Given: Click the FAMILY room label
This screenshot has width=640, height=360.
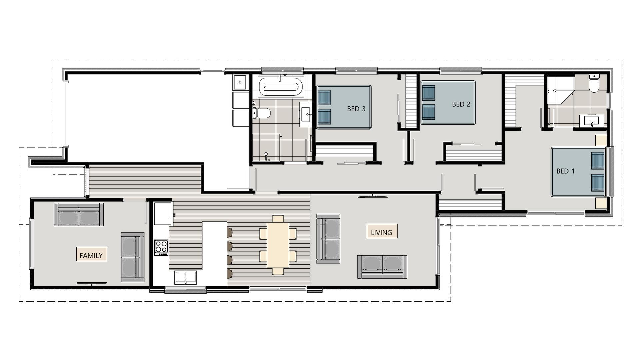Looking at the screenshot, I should pos(91,255).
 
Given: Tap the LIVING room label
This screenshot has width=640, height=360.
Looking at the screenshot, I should pos(382,232).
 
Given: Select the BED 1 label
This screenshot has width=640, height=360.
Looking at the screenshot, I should pos(565,171).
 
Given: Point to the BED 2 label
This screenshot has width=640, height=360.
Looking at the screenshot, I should pos(461,104).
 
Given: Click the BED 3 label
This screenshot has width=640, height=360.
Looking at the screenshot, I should pos(356,109).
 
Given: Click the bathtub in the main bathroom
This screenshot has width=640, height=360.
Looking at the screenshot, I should pos(281,86).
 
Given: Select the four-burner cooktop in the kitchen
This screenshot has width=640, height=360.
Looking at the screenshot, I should pos(161,247).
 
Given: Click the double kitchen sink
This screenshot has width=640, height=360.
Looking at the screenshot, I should pos(185,277).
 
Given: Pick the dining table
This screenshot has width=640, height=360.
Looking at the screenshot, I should pos(278,244).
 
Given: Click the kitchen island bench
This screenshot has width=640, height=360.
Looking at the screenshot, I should pos(214,253).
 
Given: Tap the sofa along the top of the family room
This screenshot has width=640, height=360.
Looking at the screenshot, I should pos(79,214).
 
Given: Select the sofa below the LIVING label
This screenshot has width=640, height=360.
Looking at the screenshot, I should pos(382,267).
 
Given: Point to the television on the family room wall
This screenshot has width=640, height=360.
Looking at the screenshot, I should pos(92,283).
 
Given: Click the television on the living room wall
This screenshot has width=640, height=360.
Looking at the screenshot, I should pos(372,197).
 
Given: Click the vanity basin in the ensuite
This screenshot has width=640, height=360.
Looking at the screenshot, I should pos(591,121).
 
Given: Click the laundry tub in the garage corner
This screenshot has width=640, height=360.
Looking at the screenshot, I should pos(240,82).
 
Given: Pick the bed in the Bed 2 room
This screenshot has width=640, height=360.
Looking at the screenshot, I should pos(448,103).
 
